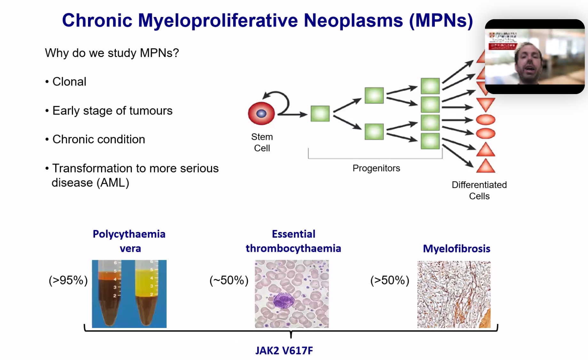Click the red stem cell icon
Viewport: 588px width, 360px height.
click(261, 113)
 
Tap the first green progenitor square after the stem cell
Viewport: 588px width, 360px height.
click(320, 114)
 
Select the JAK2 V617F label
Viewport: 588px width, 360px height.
click(284, 351)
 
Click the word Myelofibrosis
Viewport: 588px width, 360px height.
click(457, 249)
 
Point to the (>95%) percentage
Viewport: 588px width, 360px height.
click(68, 280)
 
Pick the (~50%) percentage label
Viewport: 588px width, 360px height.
click(229, 280)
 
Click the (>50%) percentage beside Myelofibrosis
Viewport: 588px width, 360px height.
click(390, 280)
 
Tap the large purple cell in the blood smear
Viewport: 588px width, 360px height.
click(283, 301)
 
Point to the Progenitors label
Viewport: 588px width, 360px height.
click(376, 168)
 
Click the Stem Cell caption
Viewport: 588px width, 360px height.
click(262, 142)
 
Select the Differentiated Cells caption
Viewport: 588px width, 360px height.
click(479, 190)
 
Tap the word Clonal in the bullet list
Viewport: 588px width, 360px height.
click(69, 82)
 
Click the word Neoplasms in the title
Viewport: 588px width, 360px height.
click(353, 20)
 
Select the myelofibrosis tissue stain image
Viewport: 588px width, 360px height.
click(454, 294)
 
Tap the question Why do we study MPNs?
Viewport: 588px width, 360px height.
click(112, 53)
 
